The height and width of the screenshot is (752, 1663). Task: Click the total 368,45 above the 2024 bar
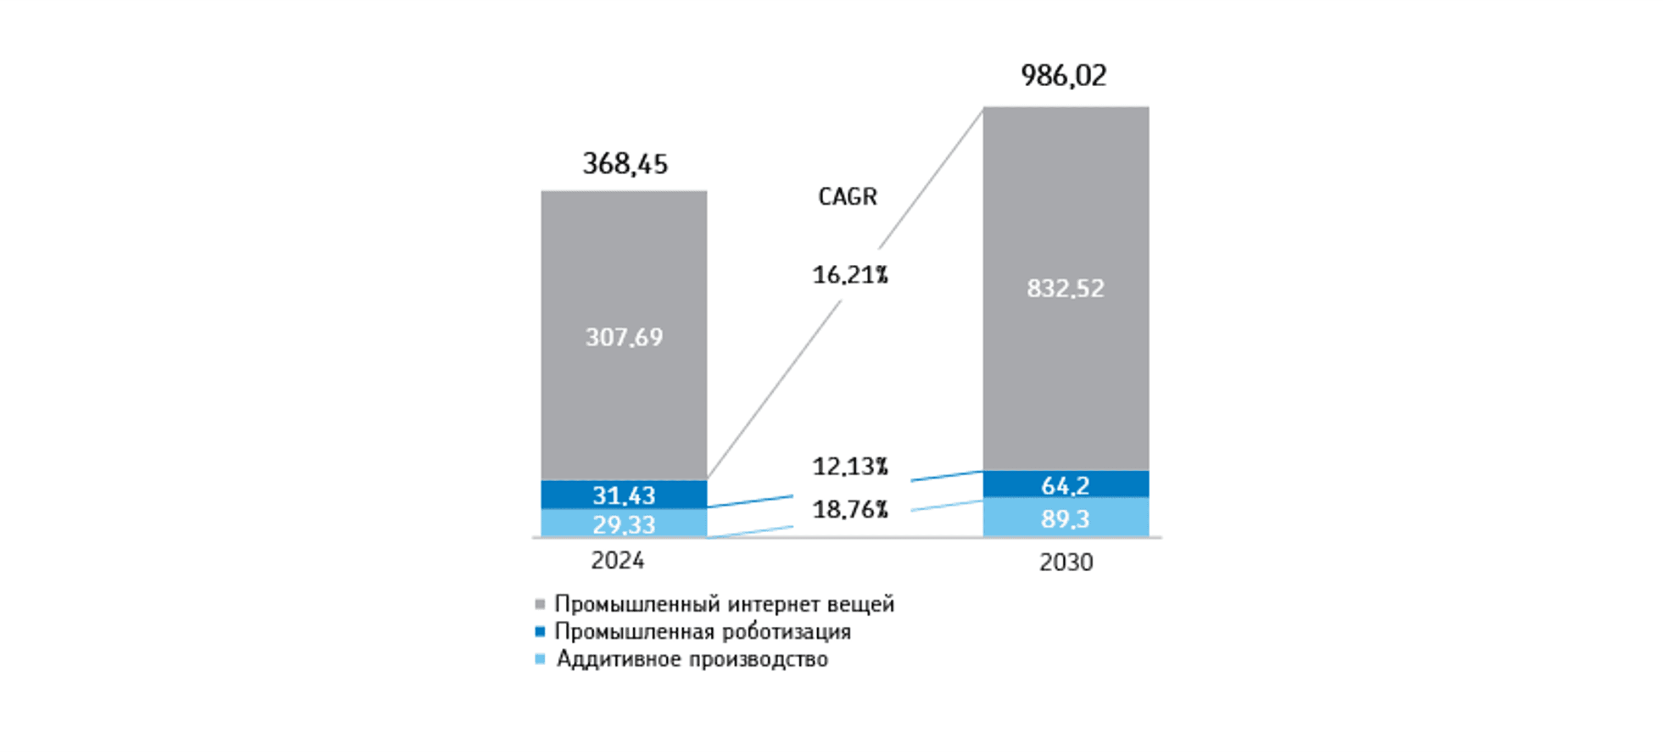click(625, 164)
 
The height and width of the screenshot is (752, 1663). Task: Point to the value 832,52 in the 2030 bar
click(1065, 288)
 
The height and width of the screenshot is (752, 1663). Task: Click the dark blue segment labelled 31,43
click(624, 495)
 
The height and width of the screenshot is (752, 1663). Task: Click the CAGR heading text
click(847, 197)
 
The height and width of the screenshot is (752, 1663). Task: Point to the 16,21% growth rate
click(850, 276)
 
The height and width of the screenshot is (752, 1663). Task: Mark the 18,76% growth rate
click(850, 510)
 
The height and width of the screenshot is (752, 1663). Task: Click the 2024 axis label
click(617, 560)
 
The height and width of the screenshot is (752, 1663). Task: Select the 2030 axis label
click(1066, 562)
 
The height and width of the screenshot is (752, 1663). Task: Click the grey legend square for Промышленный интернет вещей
click(540, 605)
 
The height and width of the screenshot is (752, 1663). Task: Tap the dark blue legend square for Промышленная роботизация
click(540, 631)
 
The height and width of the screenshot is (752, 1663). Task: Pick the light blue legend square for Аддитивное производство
click(540, 659)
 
